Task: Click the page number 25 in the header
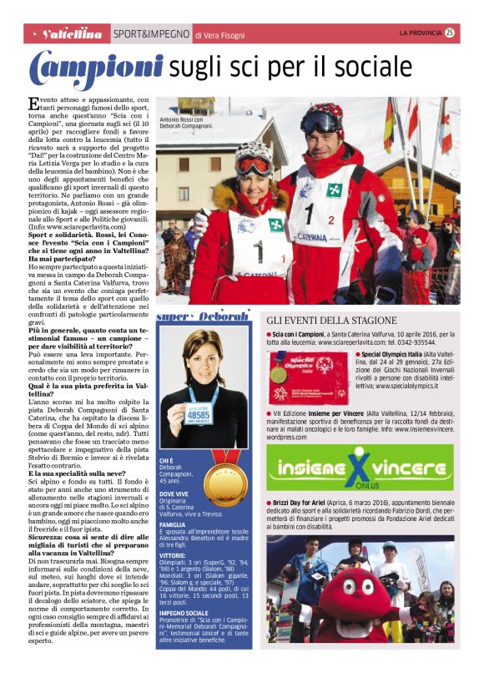pos(450,33)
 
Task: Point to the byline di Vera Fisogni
pos(220,35)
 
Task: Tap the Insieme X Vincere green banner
pos(360,466)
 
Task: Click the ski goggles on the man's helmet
pos(321,123)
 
